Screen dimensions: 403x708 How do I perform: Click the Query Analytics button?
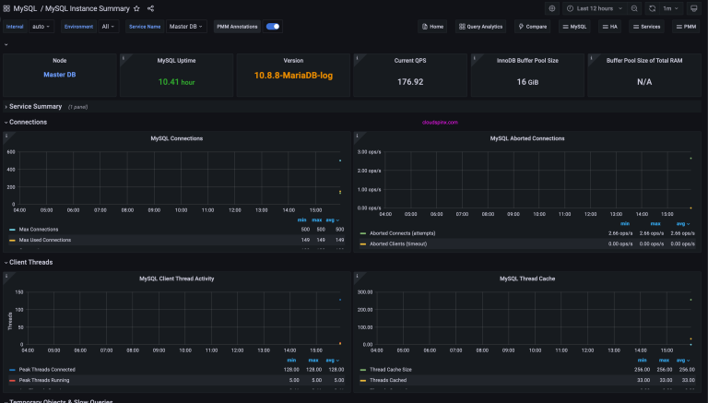click(x=479, y=27)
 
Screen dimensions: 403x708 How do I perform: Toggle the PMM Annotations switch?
click(x=273, y=27)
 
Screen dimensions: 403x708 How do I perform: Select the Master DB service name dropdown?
click(x=186, y=27)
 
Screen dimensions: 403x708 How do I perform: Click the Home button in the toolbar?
click(x=431, y=27)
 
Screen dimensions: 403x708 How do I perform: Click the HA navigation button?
click(x=609, y=27)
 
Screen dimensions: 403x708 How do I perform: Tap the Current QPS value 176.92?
click(x=410, y=81)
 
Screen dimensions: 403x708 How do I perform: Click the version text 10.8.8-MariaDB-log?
click(x=293, y=76)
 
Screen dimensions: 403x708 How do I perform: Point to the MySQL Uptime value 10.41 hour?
click(x=177, y=81)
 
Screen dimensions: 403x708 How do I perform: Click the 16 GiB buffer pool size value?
click(x=527, y=81)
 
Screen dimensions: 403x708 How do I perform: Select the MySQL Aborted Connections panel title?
click(x=527, y=138)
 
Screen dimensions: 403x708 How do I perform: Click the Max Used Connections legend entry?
click(x=45, y=240)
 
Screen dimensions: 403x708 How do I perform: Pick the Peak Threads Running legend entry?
click(x=44, y=380)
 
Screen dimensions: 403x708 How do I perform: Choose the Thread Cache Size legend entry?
click(x=391, y=369)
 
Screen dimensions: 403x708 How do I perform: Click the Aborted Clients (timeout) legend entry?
click(x=399, y=244)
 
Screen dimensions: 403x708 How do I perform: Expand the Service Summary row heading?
click(x=35, y=107)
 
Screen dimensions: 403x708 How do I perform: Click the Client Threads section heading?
click(x=30, y=262)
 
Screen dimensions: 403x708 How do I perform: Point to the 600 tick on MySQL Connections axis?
click(x=11, y=152)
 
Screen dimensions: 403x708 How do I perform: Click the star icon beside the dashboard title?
click(x=136, y=8)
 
